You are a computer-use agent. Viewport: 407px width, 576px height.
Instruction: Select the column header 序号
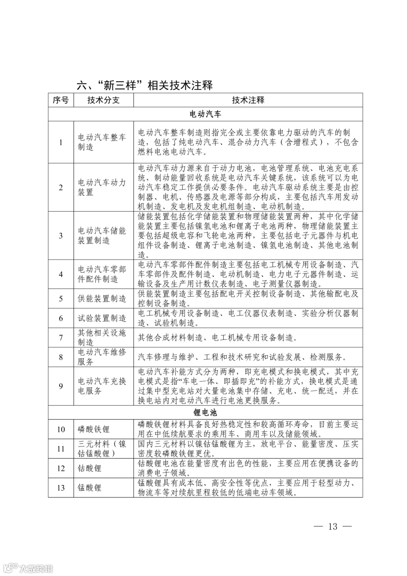click(x=61, y=100)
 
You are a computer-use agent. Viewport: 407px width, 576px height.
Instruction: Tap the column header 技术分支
click(x=103, y=100)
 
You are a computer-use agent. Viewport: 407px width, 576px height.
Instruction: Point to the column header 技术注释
click(x=248, y=100)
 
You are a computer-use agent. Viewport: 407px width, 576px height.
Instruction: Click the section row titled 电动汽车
click(x=205, y=114)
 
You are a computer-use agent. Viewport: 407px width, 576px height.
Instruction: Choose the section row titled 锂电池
click(x=205, y=413)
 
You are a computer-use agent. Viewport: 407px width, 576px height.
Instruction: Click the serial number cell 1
click(x=61, y=142)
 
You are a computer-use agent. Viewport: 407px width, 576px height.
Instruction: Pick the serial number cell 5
click(x=61, y=299)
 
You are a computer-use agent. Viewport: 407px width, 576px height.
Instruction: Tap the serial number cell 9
click(x=61, y=386)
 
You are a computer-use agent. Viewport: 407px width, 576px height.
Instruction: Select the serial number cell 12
click(x=61, y=468)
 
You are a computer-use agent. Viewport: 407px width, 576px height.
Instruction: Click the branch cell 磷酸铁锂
click(x=93, y=429)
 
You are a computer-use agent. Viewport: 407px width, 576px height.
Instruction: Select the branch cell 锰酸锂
click(x=90, y=488)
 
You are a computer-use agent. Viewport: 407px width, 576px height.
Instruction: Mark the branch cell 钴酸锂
click(x=90, y=468)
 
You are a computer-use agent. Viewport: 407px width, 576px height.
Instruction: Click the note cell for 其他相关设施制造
click(x=217, y=338)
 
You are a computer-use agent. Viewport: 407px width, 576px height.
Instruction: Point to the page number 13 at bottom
click(x=333, y=527)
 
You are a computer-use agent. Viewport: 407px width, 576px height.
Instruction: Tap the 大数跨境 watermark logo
click(x=28, y=568)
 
